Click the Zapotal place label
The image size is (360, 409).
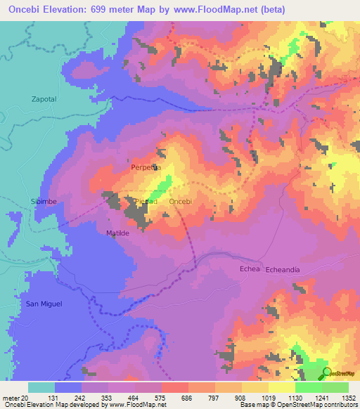44,100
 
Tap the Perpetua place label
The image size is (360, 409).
146,168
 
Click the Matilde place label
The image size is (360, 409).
119,232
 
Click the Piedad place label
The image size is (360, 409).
146,202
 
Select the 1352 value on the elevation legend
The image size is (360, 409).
347,396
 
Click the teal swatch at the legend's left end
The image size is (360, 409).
41,387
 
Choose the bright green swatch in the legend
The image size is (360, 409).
308,387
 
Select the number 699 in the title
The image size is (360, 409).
105,9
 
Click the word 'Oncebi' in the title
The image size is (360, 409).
27,9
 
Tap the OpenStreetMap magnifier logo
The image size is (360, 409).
326,373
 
